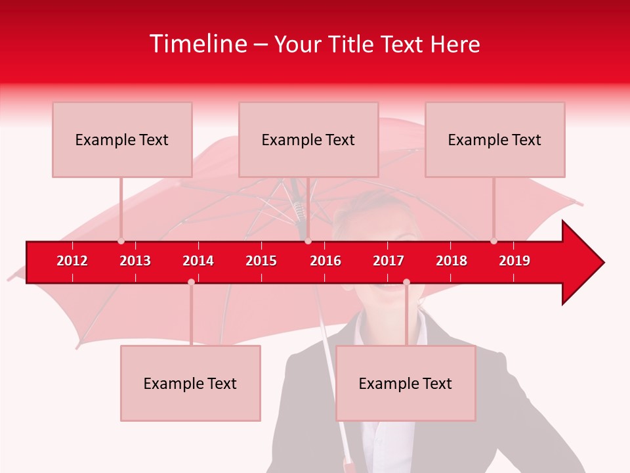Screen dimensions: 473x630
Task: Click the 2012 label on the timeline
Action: [x=72, y=261]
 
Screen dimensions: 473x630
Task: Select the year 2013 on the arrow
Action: [x=135, y=261]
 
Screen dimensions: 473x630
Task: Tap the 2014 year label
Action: [x=198, y=261]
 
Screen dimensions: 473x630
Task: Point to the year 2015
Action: [x=261, y=261]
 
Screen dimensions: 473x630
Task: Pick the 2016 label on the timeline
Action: [x=325, y=261]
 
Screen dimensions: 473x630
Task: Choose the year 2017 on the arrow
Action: [x=388, y=261]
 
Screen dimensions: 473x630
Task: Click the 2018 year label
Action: [x=451, y=261]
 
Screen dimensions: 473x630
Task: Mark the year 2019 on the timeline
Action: [x=514, y=261]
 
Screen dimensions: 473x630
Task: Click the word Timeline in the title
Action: [x=198, y=44]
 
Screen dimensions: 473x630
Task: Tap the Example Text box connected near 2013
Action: [x=122, y=139]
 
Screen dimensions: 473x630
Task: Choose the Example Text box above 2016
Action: [x=308, y=139]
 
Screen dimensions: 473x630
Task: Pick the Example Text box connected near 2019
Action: [x=495, y=139]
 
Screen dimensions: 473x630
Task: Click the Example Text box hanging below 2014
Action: [x=190, y=383]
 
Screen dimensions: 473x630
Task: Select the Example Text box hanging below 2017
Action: [x=406, y=383]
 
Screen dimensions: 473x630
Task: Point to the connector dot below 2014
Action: [x=191, y=282]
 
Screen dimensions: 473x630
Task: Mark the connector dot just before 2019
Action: [x=493, y=241]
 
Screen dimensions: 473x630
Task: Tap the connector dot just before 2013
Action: [x=121, y=241]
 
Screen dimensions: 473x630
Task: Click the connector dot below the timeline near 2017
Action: [x=406, y=282]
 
